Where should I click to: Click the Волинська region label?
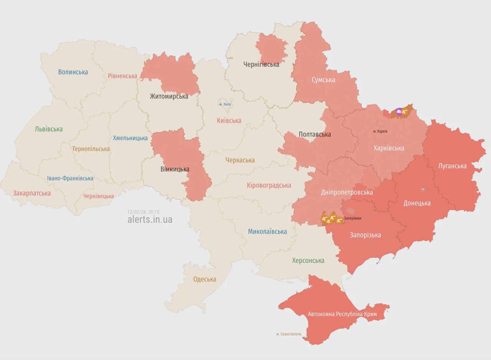pos(73,72)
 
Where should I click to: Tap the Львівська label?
pos(49,129)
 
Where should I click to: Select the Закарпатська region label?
pos(32,193)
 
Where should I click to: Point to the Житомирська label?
pos(169,96)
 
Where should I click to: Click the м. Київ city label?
pos(225,104)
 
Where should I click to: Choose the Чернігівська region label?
pos(261,64)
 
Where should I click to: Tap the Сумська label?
pos(323,80)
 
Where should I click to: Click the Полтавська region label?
pos(315,134)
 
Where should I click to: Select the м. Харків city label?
pos(380,131)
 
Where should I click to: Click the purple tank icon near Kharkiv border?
pos(399,112)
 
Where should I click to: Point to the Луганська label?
pos(452,166)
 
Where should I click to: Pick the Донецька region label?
pos(417,203)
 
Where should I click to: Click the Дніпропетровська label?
pos(347,192)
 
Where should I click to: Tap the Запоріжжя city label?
pos(352,218)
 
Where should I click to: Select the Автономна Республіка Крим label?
pos(342,314)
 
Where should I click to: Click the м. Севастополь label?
pos(289,334)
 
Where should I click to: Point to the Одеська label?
pos(204,279)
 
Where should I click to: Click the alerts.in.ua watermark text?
pos(150,220)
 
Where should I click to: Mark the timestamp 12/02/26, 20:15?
pos(143,212)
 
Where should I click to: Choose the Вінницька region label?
pos(175,169)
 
